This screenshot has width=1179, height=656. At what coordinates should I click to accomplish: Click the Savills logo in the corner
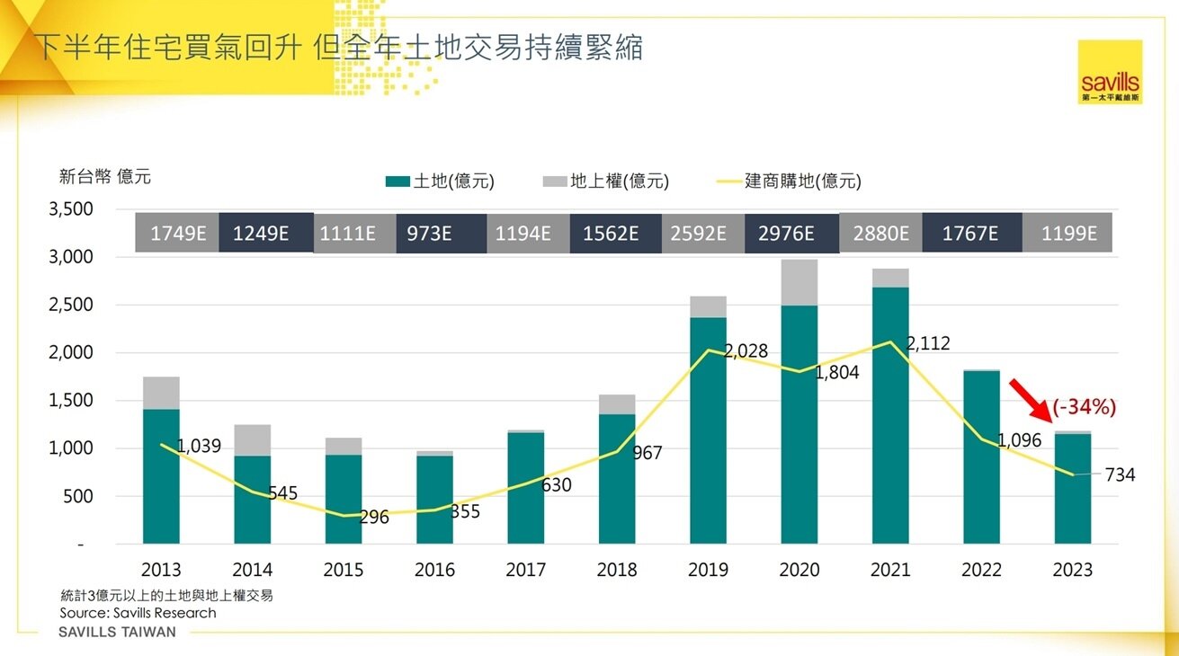point(1110,72)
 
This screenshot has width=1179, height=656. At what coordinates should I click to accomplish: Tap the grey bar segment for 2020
point(799,282)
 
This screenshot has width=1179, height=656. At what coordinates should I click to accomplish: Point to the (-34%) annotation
point(1084,407)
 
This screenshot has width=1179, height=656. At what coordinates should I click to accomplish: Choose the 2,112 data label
point(928,344)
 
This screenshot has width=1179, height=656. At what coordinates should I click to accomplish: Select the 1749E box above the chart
point(177,234)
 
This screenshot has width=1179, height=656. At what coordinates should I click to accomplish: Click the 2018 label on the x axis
point(617,570)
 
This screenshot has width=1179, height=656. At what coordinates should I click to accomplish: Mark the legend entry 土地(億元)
point(440,182)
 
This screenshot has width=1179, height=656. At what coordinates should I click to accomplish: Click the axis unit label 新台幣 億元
point(105,177)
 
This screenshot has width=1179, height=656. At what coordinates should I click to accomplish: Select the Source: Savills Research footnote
point(138,613)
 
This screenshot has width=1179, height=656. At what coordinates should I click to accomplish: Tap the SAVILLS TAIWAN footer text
point(117,633)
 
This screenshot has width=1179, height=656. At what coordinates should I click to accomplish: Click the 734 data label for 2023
point(1120,475)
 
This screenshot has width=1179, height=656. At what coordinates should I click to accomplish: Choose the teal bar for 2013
point(162,476)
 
